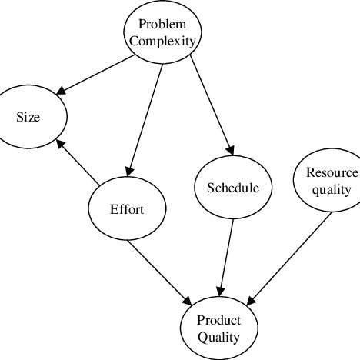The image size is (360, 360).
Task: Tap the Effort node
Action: [x=126, y=209]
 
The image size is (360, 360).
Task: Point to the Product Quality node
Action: [x=218, y=328]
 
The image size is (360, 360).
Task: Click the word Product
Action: [x=219, y=320]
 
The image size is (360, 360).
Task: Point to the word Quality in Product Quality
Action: [x=218, y=336]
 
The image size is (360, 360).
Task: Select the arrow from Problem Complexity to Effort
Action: [x=146, y=119]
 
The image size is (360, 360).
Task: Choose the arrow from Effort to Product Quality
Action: [x=160, y=270]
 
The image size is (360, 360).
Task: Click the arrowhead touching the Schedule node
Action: [x=228, y=151]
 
